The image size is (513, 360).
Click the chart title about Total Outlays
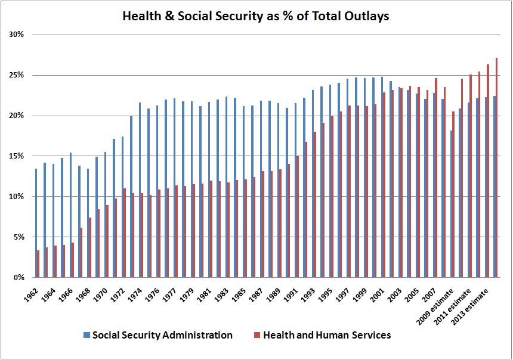(x=255, y=17)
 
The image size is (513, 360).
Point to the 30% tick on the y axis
(x=17, y=35)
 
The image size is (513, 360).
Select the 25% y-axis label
(x=17, y=75)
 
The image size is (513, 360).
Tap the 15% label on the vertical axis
(x=17, y=156)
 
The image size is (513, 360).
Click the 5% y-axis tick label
(x=18, y=237)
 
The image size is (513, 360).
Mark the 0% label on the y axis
(x=18, y=278)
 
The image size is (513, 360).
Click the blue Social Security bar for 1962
(x=35, y=223)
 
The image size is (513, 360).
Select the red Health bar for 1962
(x=38, y=263)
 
